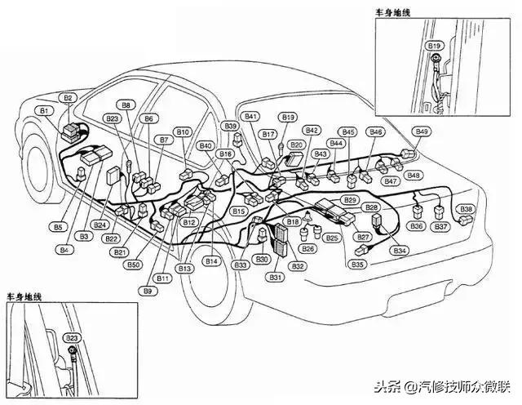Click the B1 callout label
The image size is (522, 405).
click(44, 109)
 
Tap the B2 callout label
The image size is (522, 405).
click(69, 98)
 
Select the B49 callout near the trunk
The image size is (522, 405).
click(422, 131)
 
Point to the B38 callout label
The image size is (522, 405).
click(466, 210)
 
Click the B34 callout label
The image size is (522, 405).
click(400, 250)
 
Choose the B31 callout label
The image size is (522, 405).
click(276, 278)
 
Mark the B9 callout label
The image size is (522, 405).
click(148, 291)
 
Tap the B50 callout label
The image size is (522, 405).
click(134, 265)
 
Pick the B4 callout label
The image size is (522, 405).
click(63, 248)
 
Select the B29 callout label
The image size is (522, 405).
click(350, 200)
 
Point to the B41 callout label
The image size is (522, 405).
click(250, 116)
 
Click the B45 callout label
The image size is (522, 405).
click(348, 131)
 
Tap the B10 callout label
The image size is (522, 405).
click(184, 132)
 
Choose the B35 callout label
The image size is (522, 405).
click(357, 265)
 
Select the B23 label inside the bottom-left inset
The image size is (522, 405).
click(72, 336)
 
